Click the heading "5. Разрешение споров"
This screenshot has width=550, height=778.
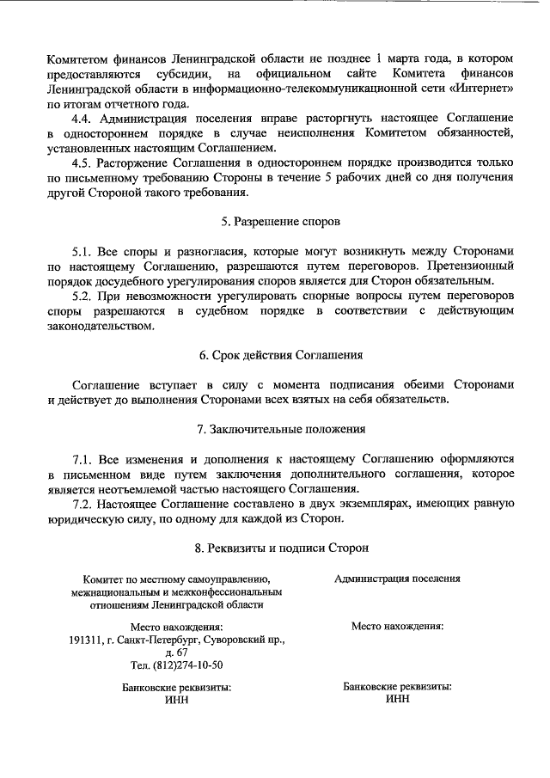tap(280, 221)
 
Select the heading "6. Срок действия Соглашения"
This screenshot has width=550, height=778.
tap(280, 354)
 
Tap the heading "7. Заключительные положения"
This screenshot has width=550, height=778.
tap(280, 429)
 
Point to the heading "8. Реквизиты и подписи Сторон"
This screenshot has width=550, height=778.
tap(280, 546)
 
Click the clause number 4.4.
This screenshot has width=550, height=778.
tap(83, 118)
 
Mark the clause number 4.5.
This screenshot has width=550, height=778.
tap(83, 162)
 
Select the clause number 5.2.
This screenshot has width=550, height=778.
tap(83, 295)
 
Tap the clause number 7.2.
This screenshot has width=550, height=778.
tap(83, 503)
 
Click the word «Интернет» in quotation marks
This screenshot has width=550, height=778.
tap(482, 89)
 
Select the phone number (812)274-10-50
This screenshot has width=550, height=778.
tap(176, 665)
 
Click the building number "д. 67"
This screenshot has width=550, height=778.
tap(176, 652)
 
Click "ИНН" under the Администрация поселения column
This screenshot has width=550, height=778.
tap(398, 699)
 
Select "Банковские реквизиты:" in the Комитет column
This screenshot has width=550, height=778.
tap(176, 688)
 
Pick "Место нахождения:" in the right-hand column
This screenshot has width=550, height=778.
tap(397, 627)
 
